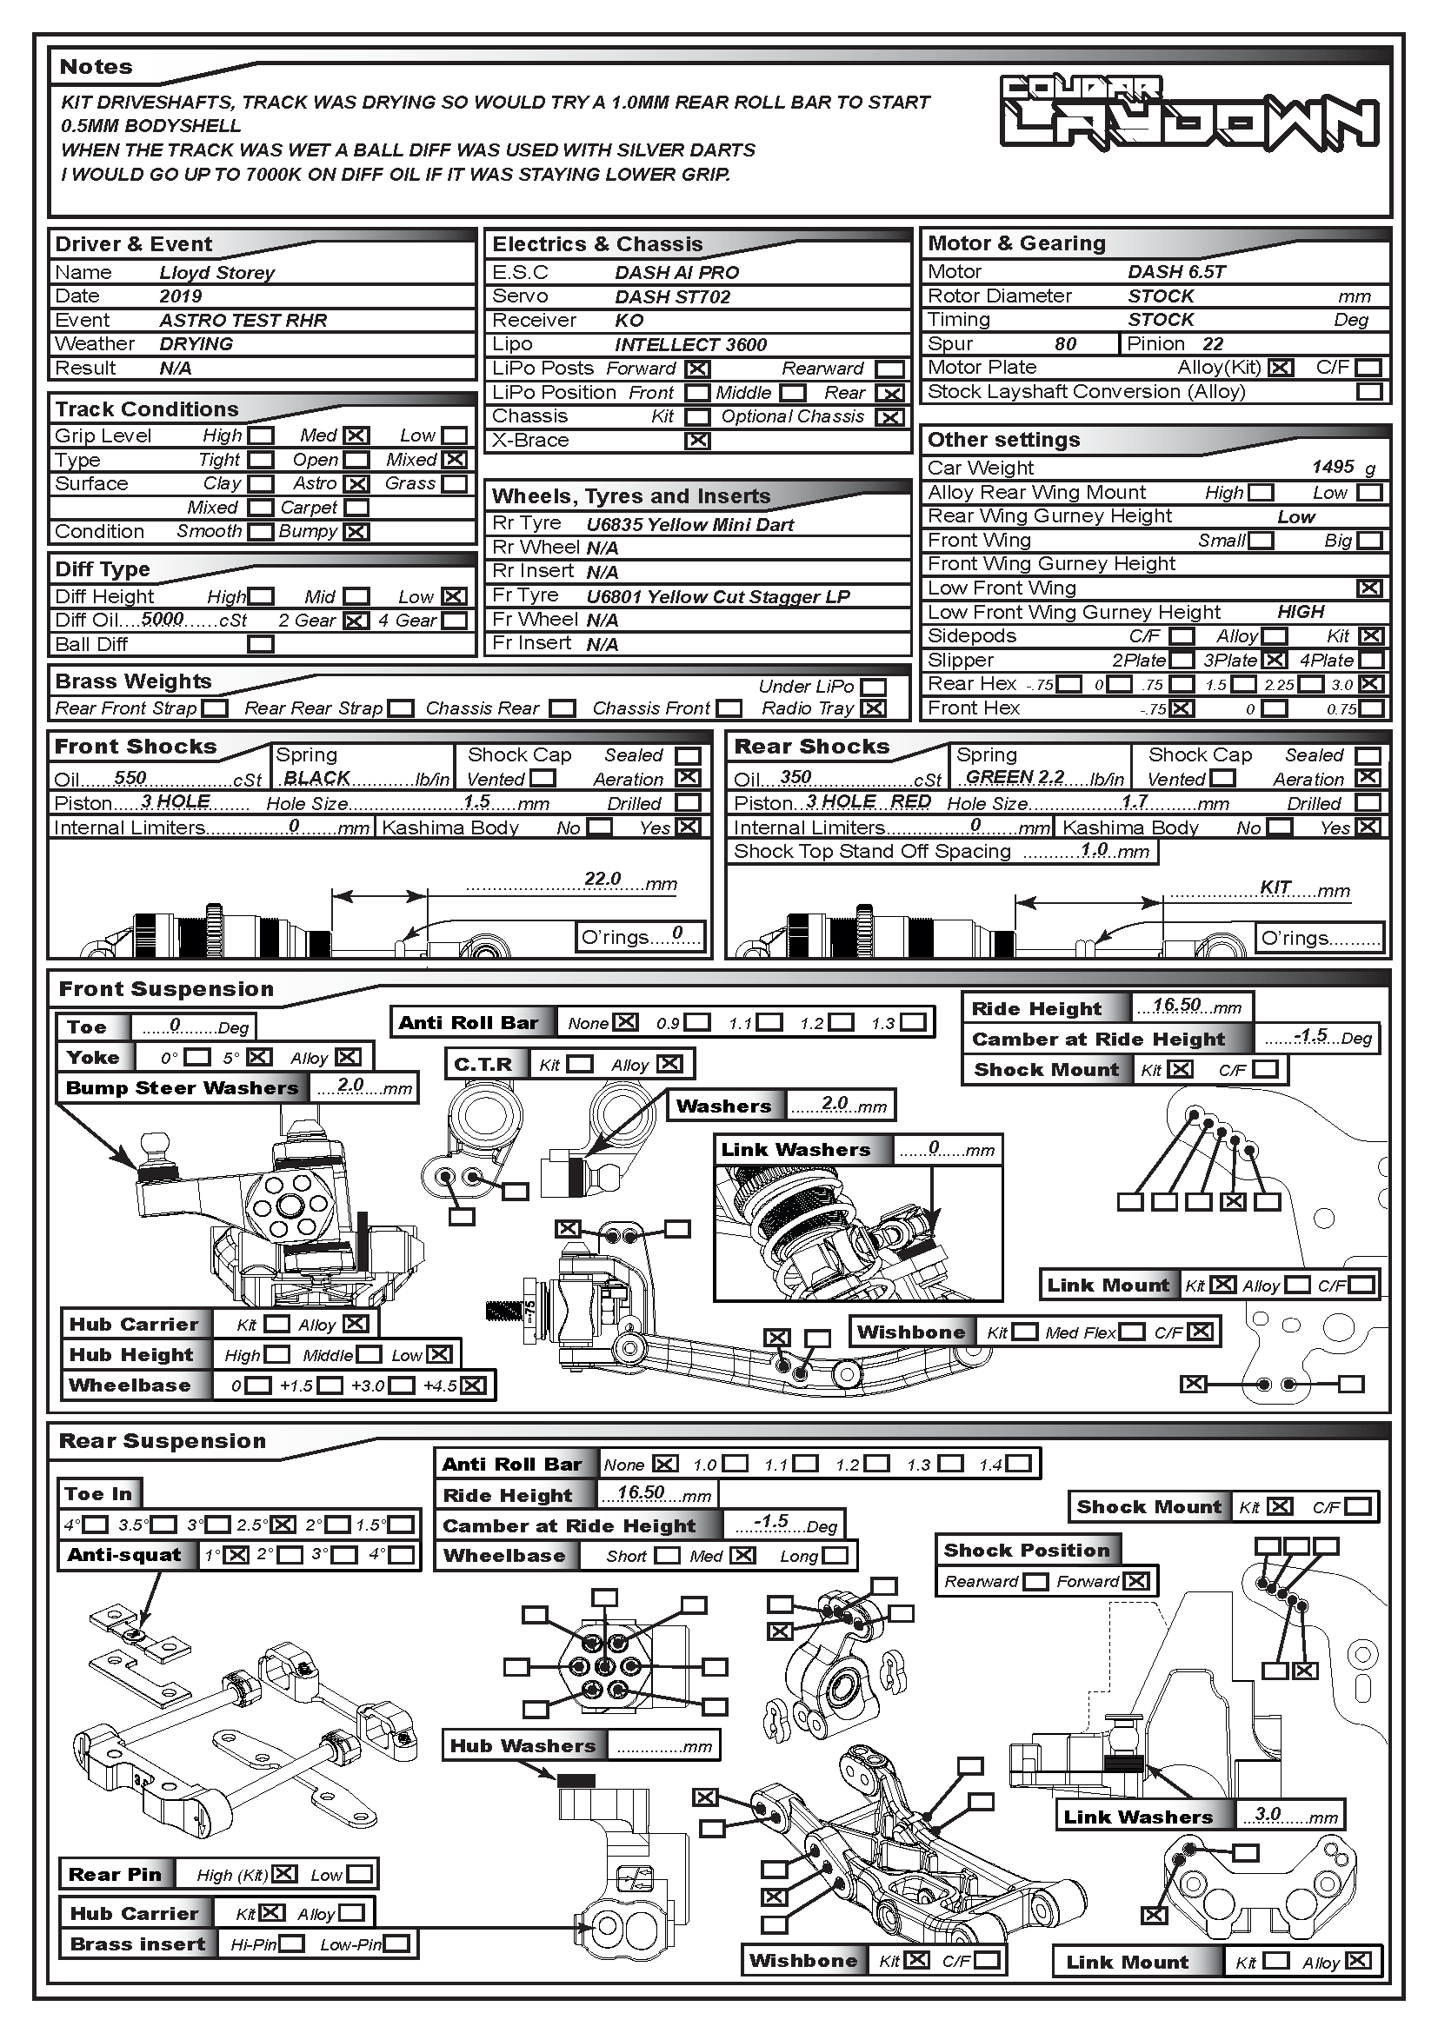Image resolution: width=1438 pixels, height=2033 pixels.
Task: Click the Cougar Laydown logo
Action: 1188,111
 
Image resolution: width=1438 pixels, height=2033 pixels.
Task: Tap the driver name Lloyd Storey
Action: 217,273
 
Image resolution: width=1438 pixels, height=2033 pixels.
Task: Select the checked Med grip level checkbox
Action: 356,435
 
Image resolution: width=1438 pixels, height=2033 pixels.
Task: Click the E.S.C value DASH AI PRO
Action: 676,273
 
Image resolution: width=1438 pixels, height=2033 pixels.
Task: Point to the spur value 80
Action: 1065,343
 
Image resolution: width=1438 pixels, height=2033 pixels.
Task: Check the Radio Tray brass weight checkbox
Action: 873,708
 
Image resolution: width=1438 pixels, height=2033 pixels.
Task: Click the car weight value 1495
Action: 1333,467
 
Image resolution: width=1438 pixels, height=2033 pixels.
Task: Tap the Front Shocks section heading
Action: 136,747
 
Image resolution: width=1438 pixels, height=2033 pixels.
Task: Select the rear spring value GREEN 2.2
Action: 1015,776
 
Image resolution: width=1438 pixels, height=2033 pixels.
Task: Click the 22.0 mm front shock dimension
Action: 602,879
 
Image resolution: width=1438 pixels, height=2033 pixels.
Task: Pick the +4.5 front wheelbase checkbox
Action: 474,1385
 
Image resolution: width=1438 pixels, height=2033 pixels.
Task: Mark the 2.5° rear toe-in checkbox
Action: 283,1525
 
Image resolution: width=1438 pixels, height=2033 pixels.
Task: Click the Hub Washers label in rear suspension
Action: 523,1746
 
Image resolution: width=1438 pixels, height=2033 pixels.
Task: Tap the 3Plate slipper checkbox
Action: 1275,660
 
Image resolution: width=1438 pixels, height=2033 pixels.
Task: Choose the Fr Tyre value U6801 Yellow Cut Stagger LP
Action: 717,597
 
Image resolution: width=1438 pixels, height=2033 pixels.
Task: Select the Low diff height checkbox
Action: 454,597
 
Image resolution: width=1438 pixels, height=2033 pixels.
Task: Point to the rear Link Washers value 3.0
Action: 1267,1813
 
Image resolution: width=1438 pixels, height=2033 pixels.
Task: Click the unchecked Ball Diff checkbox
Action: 260,645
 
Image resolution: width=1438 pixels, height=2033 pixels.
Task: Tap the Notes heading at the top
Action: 96,67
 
